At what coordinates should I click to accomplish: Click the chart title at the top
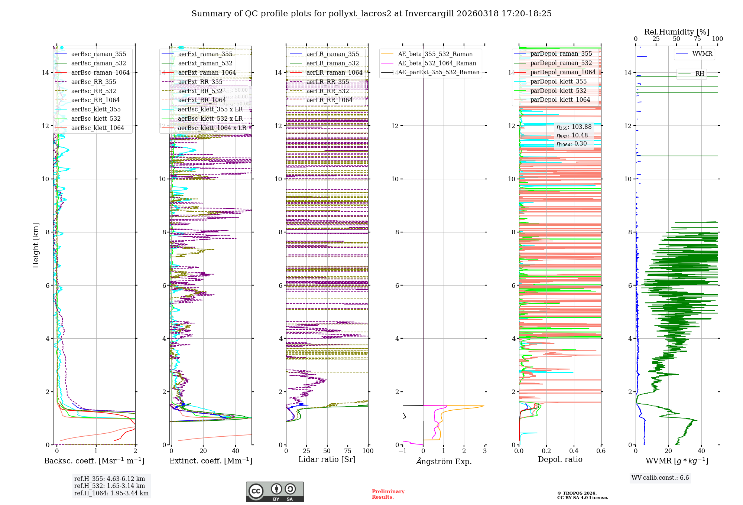click(371, 14)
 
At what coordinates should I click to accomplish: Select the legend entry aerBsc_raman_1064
click(100, 72)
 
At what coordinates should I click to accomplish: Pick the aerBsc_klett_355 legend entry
click(96, 109)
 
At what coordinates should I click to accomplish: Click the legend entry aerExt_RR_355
click(200, 82)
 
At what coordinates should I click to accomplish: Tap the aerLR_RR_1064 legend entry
click(329, 100)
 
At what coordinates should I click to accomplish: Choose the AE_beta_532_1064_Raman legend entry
click(437, 63)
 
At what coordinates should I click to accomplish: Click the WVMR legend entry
click(702, 54)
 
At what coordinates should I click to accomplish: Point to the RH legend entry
click(700, 74)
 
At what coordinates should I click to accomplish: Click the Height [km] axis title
click(36, 245)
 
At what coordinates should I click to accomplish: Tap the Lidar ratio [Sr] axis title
click(327, 460)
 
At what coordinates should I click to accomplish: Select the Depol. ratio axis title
click(560, 460)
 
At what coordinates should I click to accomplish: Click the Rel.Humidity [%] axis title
click(677, 32)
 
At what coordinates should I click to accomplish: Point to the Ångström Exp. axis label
click(444, 461)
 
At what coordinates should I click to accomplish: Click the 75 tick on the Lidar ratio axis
click(348, 451)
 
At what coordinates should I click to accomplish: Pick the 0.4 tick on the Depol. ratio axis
click(574, 451)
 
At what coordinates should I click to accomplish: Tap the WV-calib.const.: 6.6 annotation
click(660, 478)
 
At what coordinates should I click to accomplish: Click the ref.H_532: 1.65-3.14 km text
click(110, 486)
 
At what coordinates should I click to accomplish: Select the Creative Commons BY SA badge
click(275, 492)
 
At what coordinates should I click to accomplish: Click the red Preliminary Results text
click(388, 494)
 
